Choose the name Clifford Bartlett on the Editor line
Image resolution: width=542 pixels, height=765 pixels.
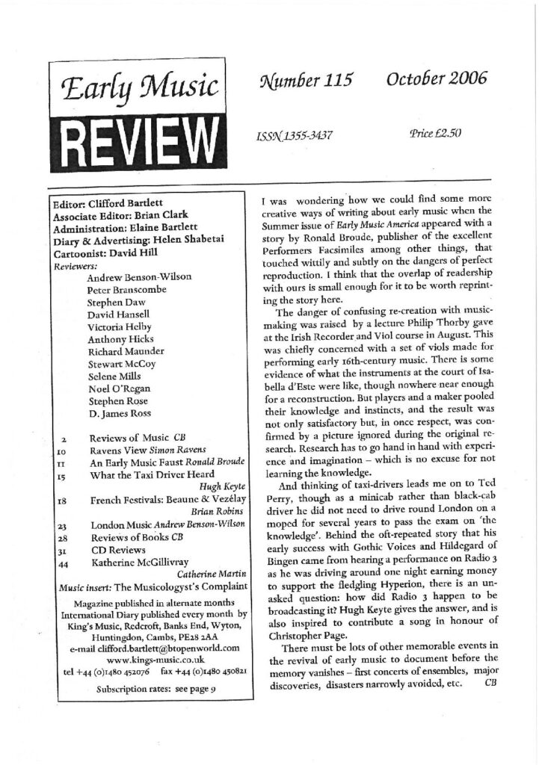point(127,202)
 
